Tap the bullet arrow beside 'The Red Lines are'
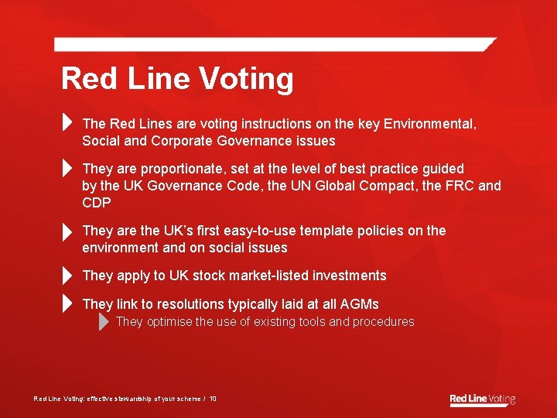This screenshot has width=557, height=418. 67,123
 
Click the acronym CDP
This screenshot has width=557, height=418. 97,203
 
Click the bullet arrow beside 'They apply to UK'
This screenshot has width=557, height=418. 67,276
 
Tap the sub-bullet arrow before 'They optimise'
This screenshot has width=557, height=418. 104,322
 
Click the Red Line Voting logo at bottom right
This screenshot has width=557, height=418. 482,399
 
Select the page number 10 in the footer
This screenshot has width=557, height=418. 213,399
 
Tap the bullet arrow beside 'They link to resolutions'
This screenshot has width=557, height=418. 67,304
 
